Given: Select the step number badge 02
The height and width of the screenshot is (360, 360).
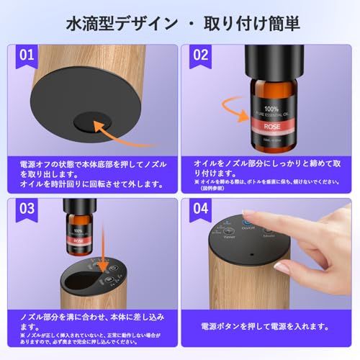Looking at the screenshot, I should coord(201,55).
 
